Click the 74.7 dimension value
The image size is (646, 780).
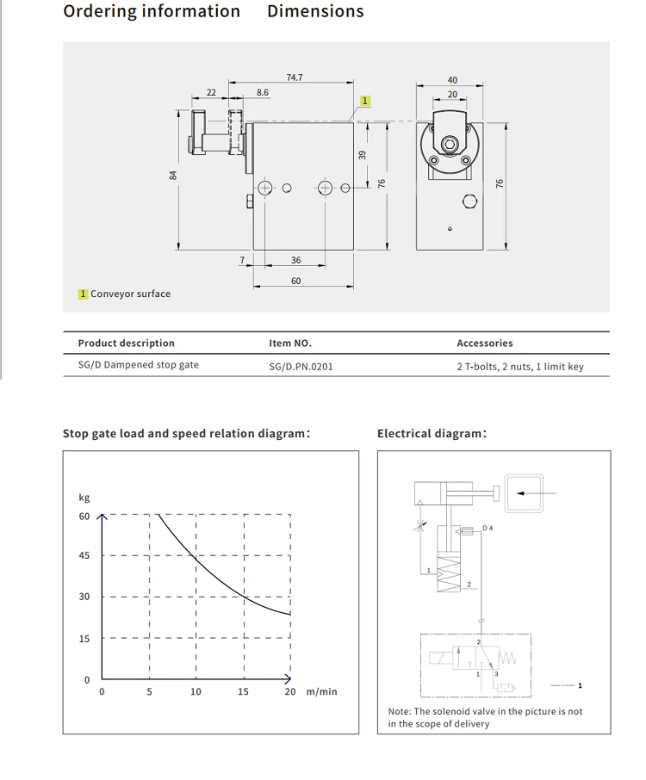coord(295,77)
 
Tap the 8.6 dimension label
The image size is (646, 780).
coord(263,92)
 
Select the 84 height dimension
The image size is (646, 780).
coord(173,176)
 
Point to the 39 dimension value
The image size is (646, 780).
coord(363,155)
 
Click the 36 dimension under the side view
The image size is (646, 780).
coord(295,260)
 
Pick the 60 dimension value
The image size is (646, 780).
coord(295,281)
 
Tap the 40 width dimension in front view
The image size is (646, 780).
coord(452,79)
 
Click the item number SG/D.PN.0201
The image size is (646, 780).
coord(301,366)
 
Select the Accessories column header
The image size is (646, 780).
coord(484,344)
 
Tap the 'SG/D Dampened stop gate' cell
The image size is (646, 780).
coord(138,365)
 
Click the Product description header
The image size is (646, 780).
coord(126,344)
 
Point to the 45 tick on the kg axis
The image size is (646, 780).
coord(84,555)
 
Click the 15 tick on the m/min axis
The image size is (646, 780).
coord(243,691)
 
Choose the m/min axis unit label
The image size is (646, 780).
coord(322,691)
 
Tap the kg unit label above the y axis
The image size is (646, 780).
coord(84,498)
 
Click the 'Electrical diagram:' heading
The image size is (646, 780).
coord(432,433)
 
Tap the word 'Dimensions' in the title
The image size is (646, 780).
coord(315,11)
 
